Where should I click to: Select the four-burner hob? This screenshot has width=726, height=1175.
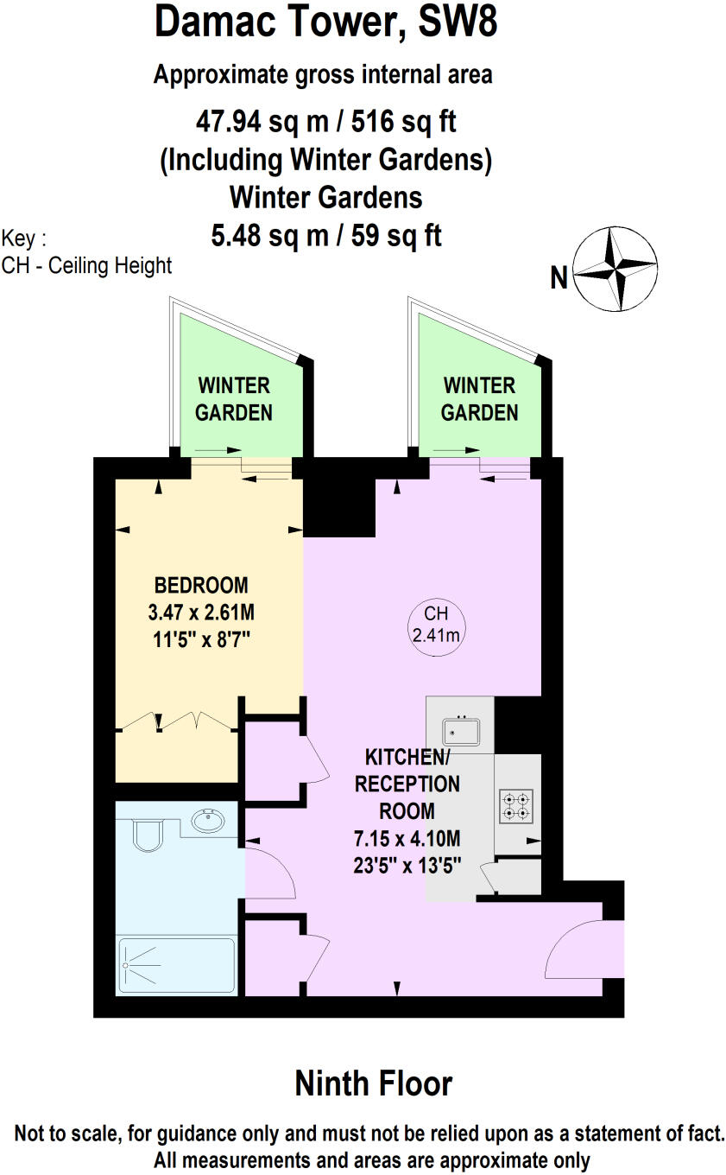pos(515,805)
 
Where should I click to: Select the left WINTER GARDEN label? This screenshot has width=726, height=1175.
pos(233,398)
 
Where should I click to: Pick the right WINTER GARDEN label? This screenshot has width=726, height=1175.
pos(479,398)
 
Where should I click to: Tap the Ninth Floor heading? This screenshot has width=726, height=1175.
pos(373,1083)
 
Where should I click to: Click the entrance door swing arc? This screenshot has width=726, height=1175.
pos(572,950)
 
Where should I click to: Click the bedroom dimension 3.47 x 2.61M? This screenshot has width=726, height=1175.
pos(201,613)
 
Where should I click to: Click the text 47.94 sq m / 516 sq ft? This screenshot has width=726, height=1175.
pos(325,122)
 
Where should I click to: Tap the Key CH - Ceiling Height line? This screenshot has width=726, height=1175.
pos(87,265)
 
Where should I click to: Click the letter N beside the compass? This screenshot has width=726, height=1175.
pos(559,278)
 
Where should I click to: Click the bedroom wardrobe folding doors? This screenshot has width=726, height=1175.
pos(178,721)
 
